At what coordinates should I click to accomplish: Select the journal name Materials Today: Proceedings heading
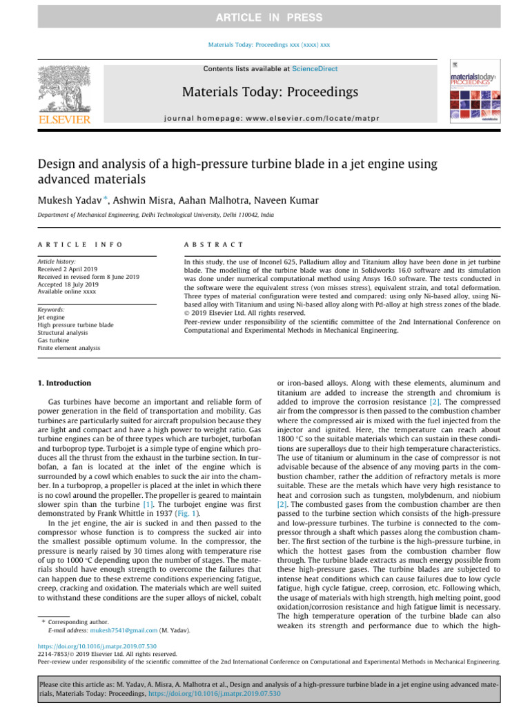270,92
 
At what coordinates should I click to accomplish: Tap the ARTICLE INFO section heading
80,245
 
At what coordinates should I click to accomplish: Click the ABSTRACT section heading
213,245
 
